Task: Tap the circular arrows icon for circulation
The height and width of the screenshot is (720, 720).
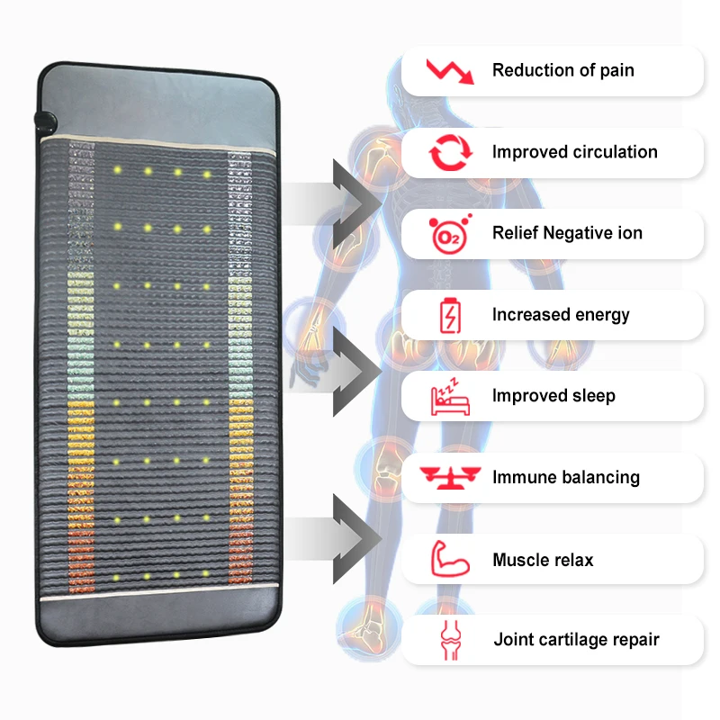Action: coord(448,152)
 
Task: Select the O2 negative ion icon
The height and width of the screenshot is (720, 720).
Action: coord(447,234)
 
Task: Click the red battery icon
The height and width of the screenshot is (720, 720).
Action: coord(447,315)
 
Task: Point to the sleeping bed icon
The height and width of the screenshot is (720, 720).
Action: coord(447,396)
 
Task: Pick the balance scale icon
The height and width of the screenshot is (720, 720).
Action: coord(447,477)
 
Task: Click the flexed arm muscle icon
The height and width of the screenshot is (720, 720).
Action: coord(448,559)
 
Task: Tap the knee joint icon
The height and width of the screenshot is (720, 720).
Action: coord(448,640)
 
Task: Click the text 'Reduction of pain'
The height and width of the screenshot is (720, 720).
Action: coord(562,70)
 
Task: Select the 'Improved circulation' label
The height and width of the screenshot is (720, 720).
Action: coord(574,152)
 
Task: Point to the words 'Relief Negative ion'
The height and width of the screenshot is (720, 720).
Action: coord(567,233)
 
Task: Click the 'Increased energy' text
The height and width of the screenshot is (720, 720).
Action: coord(561,315)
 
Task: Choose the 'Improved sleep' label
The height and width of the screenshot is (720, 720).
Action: coord(553,396)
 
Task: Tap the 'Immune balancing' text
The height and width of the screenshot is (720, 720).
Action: coord(565,477)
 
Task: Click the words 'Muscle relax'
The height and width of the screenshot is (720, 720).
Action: coord(543,560)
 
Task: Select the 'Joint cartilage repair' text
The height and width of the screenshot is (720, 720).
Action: coord(576,640)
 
